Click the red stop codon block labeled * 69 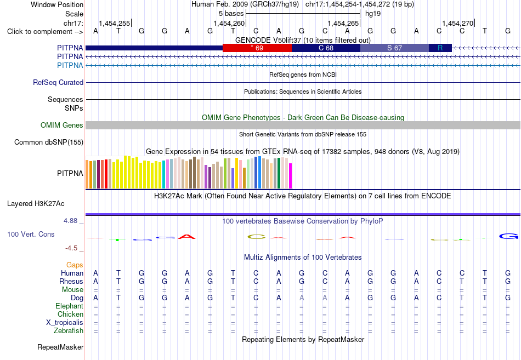click(257, 48)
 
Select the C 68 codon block click(326, 48)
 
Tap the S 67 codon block click(395, 48)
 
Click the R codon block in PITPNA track click(440, 48)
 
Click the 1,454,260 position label click(229, 23)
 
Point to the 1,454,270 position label click(457, 23)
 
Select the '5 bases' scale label click(231, 14)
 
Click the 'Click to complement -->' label click(45, 32)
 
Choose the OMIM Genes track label click(62, 125)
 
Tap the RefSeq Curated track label click(58, 82)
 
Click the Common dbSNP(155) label click(49, 142)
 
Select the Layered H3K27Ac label click(36, 204)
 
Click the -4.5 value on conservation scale click(71, 248)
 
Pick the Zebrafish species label click(69, 331)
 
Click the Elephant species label click(70, 306)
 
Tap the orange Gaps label click(75, 265)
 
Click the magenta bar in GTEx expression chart click(291, 176)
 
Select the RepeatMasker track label click(60, 347)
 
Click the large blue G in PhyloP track click(509, 236)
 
